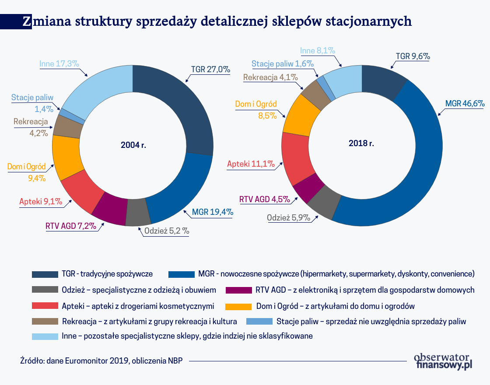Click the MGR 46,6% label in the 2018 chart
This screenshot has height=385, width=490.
[464, 104]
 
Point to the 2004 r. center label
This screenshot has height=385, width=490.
[133, 145]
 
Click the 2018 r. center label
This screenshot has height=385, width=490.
[361, 143]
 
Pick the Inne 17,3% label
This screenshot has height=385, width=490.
[59, 63]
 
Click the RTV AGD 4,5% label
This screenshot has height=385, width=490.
[264, 199]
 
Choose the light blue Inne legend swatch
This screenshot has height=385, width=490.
[45, 336]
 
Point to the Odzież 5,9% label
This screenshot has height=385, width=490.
[288, 217]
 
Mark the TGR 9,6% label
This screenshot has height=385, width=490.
[413, 56]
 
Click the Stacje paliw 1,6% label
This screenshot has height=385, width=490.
[283, 63]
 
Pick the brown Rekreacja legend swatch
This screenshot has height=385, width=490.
[45, 321]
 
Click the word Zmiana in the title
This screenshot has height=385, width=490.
[46, 21]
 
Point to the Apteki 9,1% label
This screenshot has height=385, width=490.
[41, 202]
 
